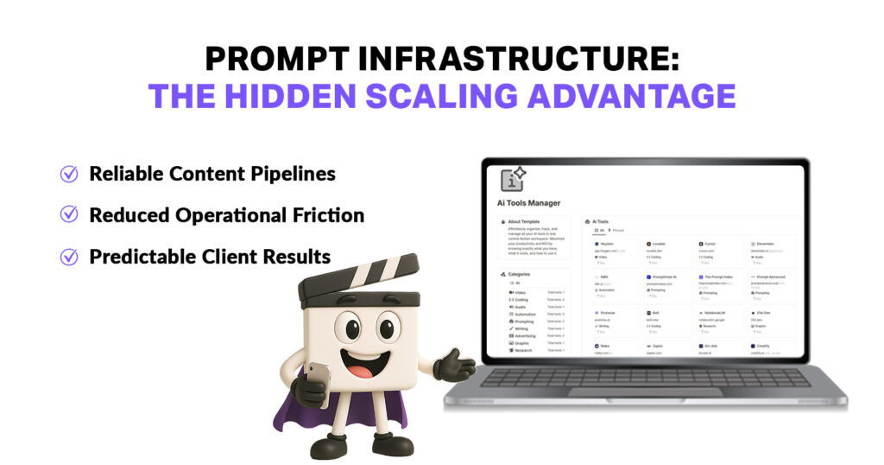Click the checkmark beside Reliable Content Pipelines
[68, 174]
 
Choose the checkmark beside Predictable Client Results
[68, 257]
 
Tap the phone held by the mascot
[318, 381]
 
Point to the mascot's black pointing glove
[452, 365]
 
